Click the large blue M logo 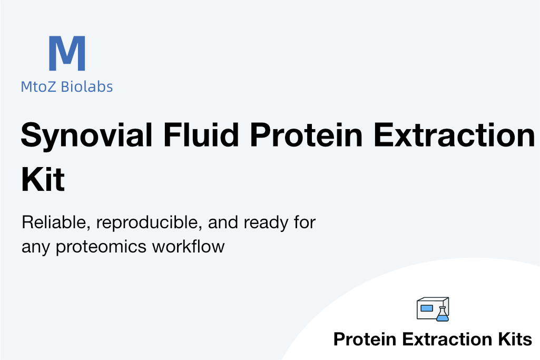coord(67,53)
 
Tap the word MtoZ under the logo coord(38,87)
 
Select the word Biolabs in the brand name coord(87,86)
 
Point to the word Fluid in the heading coord(201,134)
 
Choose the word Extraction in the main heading coord(455,134)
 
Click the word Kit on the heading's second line coord(43,179)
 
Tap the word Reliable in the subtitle coord(56,222)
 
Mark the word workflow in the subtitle coord(189,246)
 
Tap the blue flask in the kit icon coord(443,314)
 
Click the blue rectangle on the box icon coord(427,308)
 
